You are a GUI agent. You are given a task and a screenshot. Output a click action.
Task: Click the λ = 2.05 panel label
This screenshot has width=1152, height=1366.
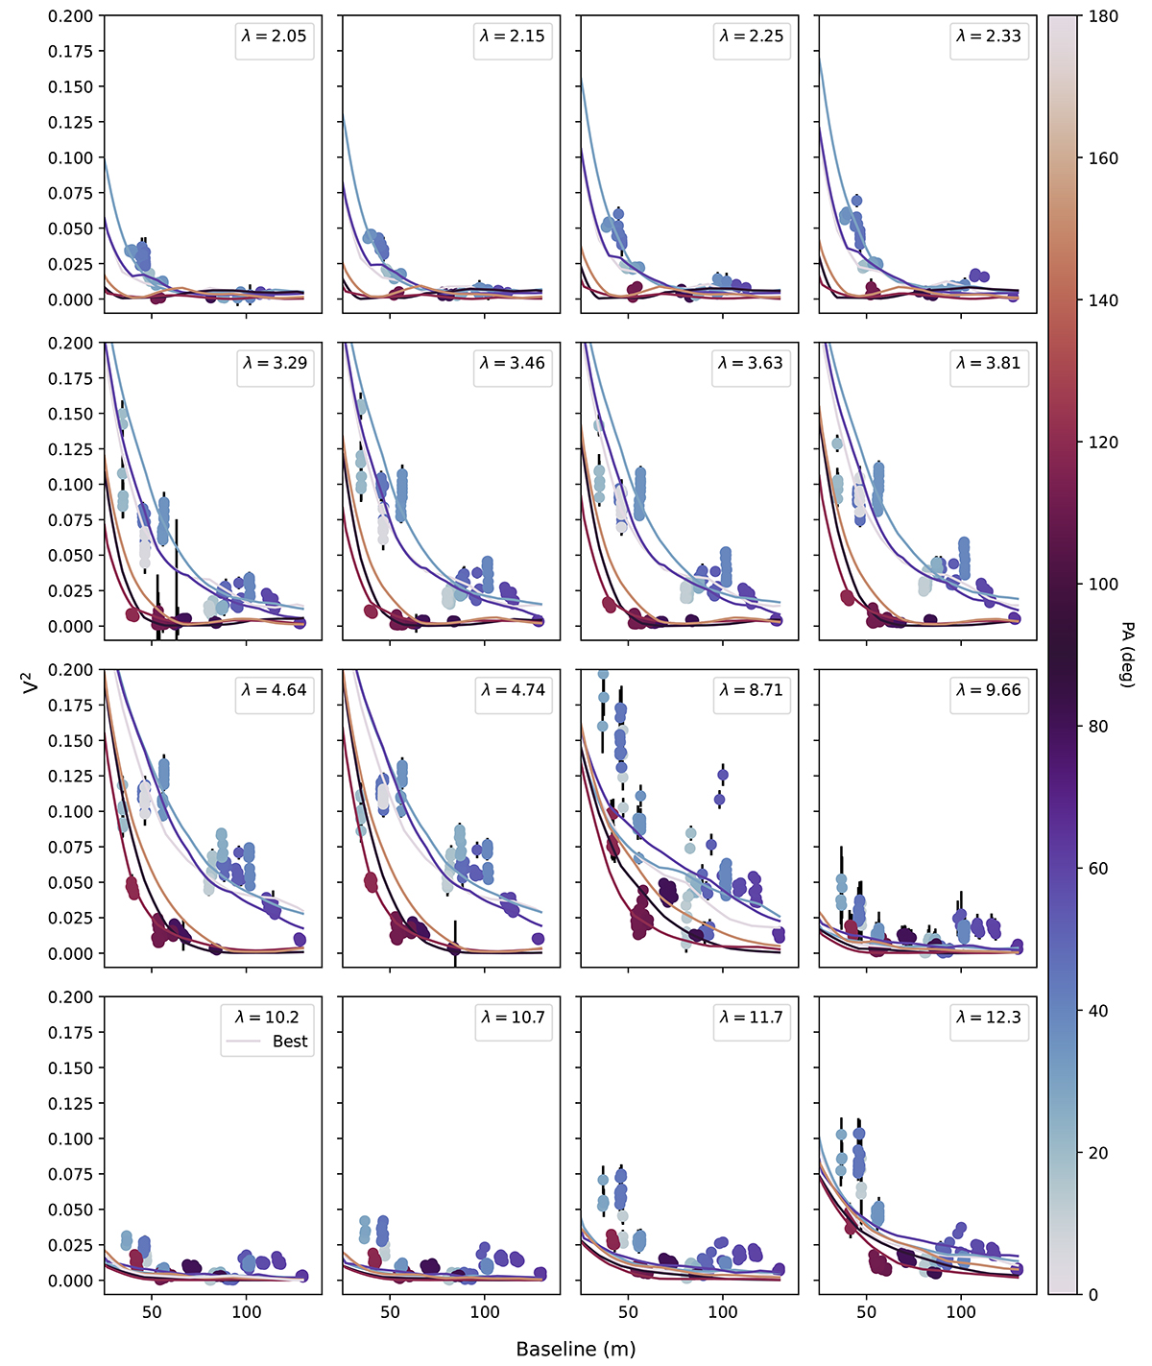275,36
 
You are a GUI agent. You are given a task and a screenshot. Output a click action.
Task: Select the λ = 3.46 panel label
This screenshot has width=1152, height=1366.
513,363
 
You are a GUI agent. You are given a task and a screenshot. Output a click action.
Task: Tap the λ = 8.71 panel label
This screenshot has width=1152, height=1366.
751,690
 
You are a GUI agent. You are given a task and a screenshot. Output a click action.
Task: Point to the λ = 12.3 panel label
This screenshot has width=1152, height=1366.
989,1017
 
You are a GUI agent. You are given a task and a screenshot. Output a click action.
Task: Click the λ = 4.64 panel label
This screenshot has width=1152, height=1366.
275,690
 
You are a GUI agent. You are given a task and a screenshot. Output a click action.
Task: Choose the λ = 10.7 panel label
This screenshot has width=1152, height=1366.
513,1017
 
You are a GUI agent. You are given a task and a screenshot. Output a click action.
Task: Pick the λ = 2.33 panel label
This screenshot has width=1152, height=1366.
989,36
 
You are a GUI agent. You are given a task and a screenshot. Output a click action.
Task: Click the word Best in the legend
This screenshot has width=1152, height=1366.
290,1042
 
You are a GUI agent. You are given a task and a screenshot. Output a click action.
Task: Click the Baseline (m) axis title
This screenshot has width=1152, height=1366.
576,1349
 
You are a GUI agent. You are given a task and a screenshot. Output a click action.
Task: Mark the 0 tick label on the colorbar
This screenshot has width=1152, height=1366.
1093,1295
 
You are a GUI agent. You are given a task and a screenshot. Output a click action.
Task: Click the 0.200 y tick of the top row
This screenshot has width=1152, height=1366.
71,16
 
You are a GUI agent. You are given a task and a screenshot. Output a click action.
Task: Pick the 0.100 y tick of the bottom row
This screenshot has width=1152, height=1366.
71,1138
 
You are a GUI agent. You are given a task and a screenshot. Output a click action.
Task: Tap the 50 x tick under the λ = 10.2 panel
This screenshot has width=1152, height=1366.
152,1312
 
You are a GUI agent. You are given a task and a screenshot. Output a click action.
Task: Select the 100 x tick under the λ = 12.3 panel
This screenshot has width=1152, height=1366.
961,1312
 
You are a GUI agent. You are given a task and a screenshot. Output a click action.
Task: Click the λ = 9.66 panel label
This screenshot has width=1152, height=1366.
989,690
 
